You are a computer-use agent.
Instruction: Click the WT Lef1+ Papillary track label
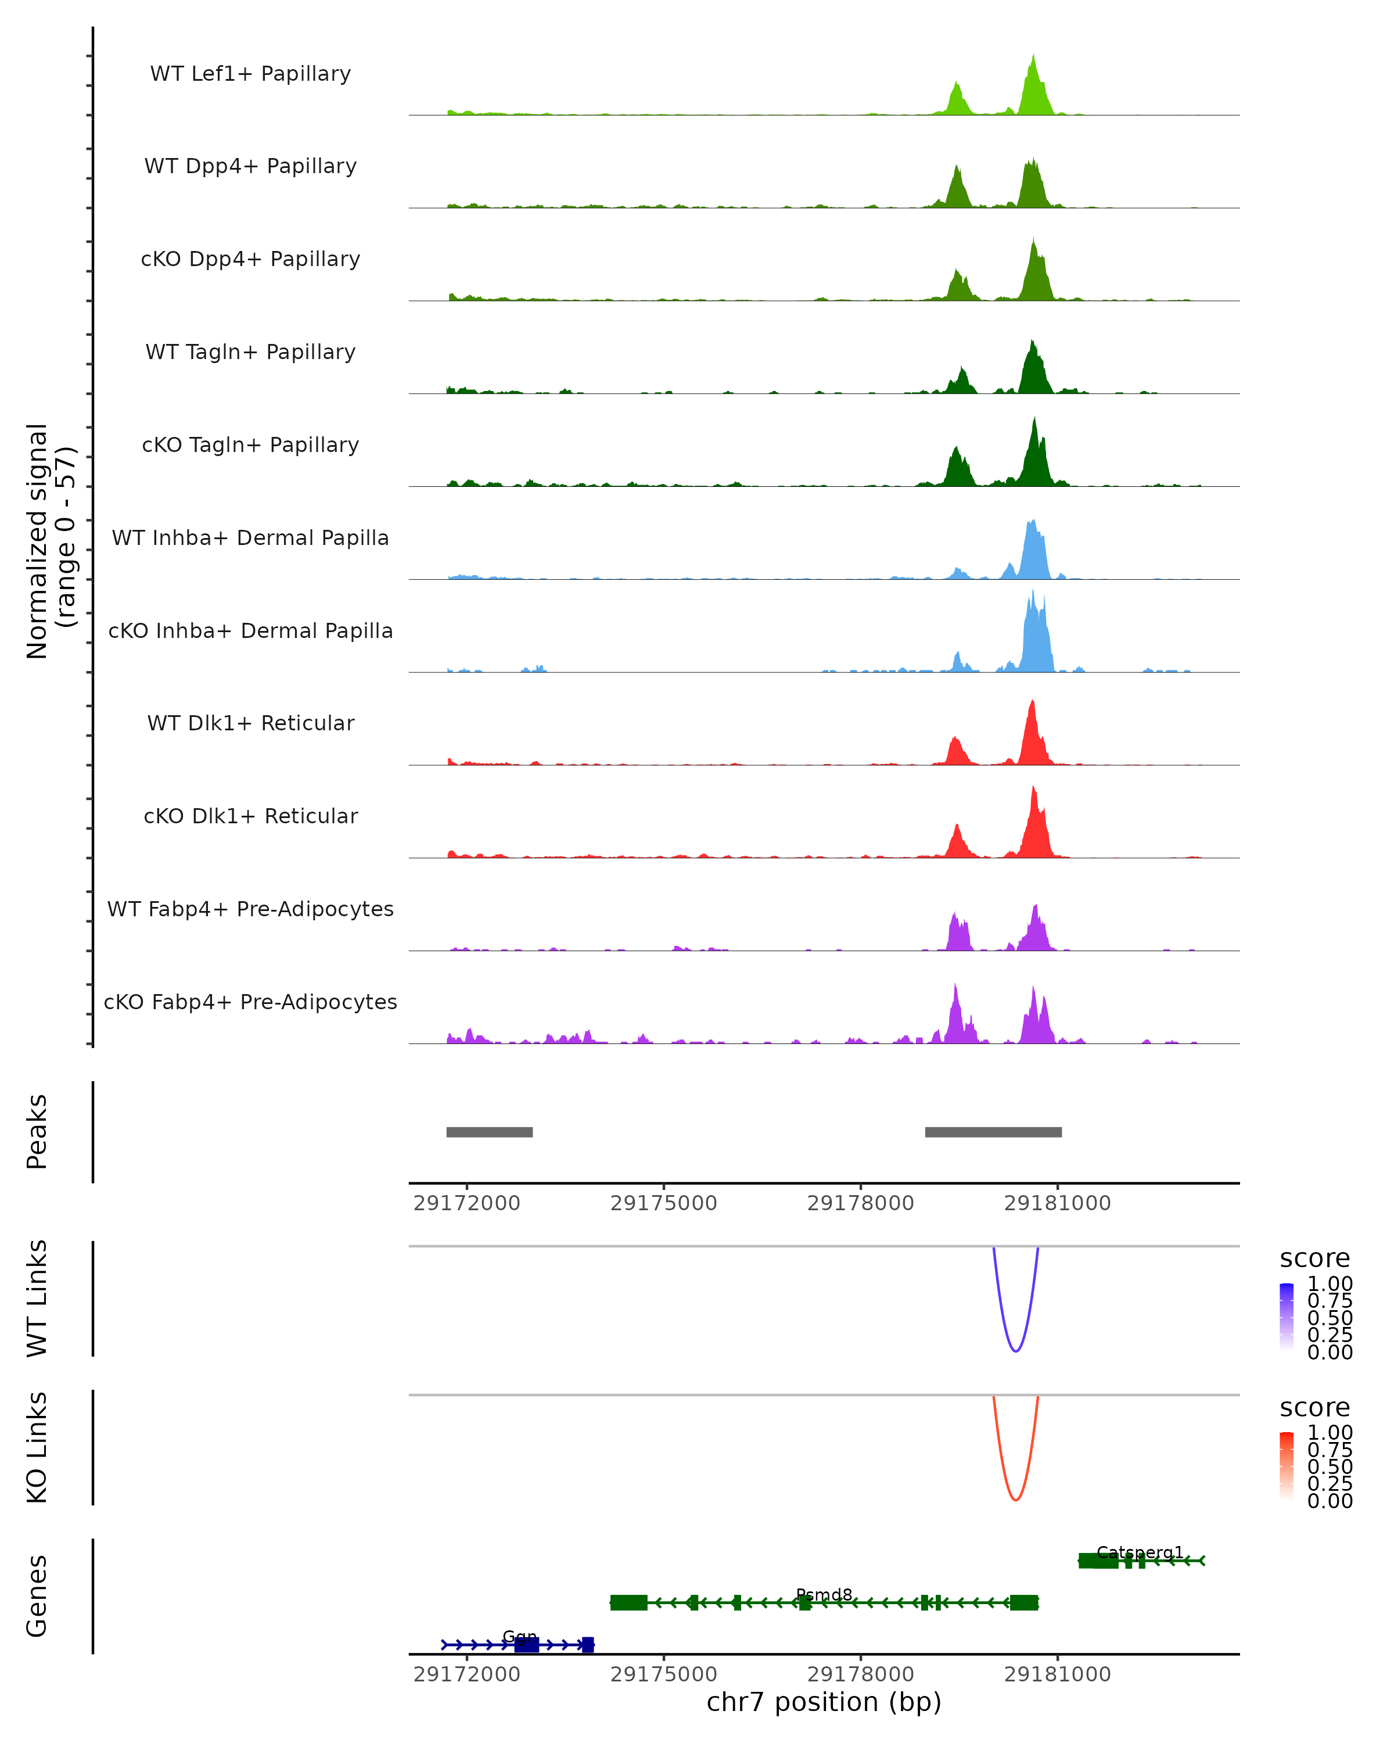point(250,74)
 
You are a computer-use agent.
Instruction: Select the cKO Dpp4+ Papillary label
point(250,260)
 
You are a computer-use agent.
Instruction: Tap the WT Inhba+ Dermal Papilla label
point(250,539)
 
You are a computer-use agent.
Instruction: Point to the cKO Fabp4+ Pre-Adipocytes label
point(250,1002)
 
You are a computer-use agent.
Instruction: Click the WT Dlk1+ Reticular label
point(250,723)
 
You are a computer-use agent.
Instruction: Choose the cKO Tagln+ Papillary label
point(250,446)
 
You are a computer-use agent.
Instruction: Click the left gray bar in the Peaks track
point(490,1132)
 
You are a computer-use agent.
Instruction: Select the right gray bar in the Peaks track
point(993,1132)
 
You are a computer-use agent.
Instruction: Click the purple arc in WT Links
point(1016,1350)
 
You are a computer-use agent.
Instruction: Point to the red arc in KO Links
point(1016,1500)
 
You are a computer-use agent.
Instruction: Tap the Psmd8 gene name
point(824,1594)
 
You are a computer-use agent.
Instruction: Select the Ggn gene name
point(520,1636)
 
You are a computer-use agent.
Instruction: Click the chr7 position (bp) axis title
point(824,1702)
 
